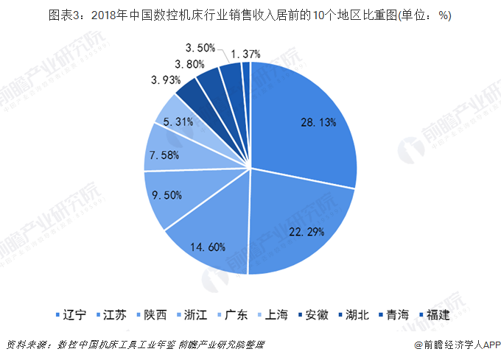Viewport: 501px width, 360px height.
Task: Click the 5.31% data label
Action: coord(178,122)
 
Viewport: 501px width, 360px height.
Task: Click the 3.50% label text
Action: coord(200,48)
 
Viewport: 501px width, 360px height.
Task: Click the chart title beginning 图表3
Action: coord(250,17)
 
